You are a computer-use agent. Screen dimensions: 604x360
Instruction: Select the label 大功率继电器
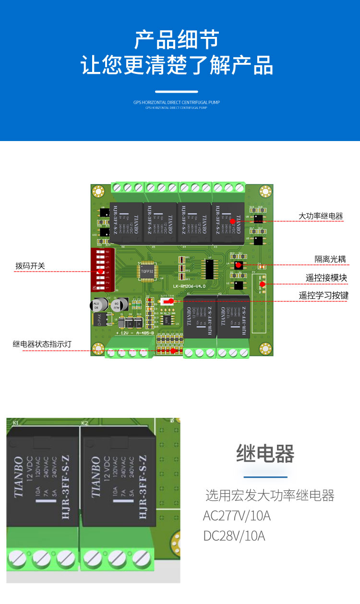[x=321, y=216]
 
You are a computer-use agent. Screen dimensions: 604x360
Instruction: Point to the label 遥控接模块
[x=326, y=278]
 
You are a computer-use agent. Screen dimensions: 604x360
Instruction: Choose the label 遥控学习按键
[x=324, y=296]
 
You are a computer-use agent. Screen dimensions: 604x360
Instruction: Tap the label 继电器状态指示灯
[x=42, y=344]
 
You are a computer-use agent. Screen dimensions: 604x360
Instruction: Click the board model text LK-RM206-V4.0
[x=189, y=286]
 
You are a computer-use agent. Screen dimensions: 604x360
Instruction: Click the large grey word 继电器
[x=265, y=453]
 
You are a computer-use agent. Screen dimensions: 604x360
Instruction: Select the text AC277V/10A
[x=237, y=516]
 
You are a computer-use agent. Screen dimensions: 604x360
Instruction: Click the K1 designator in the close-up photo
[x=16, y=423]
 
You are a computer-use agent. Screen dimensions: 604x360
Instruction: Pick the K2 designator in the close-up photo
[x=84, y=423]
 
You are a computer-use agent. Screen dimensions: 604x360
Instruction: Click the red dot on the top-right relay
[x=232, y=221]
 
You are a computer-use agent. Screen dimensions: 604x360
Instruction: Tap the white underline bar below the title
[x=177, y=91]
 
